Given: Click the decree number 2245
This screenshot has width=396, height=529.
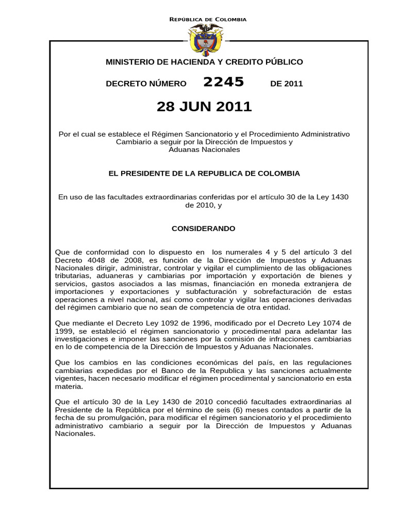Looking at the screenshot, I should (224, 82).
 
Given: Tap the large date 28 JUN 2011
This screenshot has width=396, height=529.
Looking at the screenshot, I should (204, 106).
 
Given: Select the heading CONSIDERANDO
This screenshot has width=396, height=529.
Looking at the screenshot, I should (203, 228).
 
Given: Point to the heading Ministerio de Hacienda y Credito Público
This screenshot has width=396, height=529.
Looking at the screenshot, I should (204, 62).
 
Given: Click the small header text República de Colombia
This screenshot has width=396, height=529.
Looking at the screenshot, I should (208, 19).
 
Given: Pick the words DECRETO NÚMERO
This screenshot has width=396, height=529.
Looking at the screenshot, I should (146, 84).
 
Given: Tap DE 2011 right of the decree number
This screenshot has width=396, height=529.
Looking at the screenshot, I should (286, 84).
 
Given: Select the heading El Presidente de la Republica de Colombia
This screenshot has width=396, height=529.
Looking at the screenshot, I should (204, 174).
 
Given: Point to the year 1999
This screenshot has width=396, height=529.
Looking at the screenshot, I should (64, 331).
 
